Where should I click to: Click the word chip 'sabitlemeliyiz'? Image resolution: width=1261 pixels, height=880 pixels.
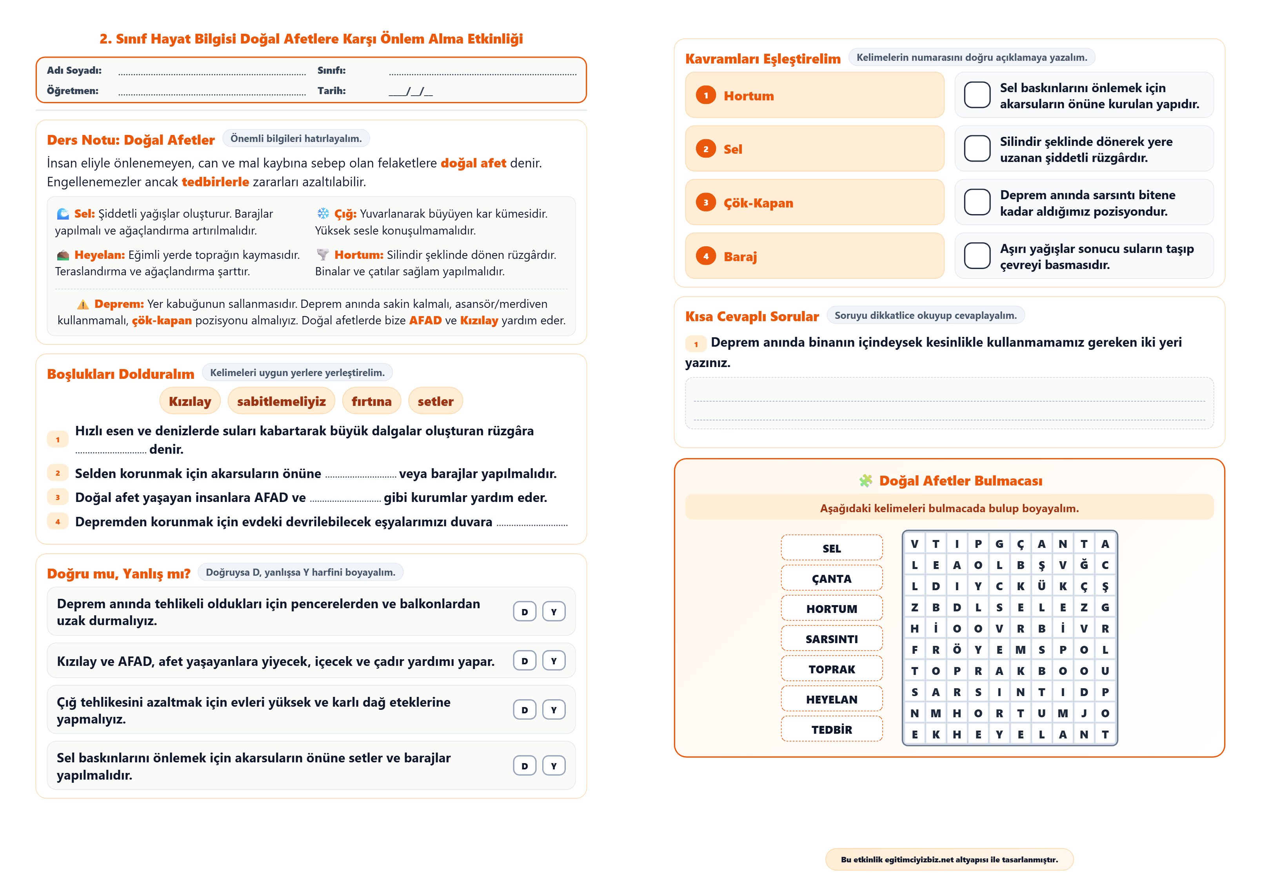(x=281, y=402)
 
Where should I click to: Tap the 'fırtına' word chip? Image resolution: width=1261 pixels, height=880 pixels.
(x=371, y=402)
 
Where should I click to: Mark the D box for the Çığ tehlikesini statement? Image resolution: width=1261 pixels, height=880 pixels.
(x=525, y=710)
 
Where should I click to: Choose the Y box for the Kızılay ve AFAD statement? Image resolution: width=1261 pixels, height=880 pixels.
(x=554, y=661)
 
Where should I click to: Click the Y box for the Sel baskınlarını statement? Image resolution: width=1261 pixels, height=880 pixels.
(x=554, y=766)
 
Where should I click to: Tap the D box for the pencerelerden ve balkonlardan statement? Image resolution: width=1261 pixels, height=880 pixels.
(x=525, y=611)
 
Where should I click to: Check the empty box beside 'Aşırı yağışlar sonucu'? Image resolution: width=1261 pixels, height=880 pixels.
(x=977, y=256)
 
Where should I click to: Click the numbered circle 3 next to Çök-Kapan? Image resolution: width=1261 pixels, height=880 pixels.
(x=706, y=203)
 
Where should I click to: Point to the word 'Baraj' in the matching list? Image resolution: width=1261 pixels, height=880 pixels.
(x=740, y=256)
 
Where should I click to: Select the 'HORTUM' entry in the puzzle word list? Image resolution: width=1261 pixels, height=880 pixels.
(x=832, y=609)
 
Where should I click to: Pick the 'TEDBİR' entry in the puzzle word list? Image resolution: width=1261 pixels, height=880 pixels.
(x=832, y=729)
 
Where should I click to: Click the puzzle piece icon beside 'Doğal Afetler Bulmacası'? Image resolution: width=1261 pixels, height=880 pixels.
(x=865, y=481)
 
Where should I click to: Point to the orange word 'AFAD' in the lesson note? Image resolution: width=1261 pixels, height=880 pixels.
(x=425, y=320)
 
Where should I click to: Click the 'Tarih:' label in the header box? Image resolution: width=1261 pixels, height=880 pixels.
(x=332, y=91)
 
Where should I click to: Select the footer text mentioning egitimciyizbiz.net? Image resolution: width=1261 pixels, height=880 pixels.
(x=949, y=860)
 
